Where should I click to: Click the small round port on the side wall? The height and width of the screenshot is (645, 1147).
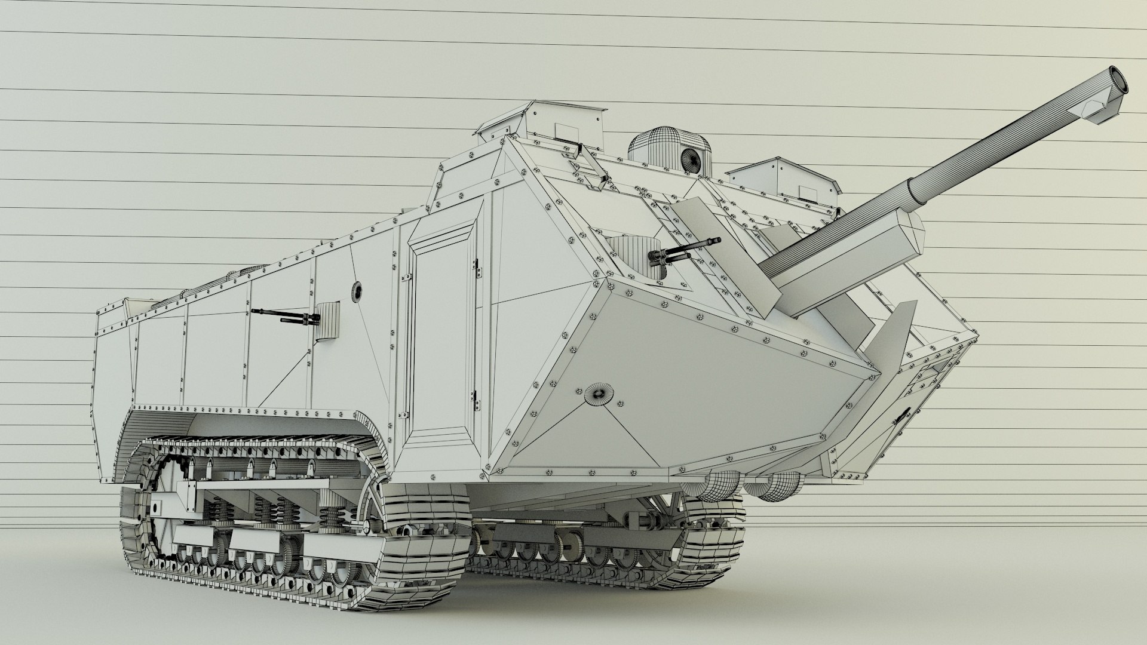coord(357,291)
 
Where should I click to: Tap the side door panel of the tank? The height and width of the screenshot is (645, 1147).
coord(442,334)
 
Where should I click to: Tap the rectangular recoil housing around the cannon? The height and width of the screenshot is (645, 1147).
coord(848,251)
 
